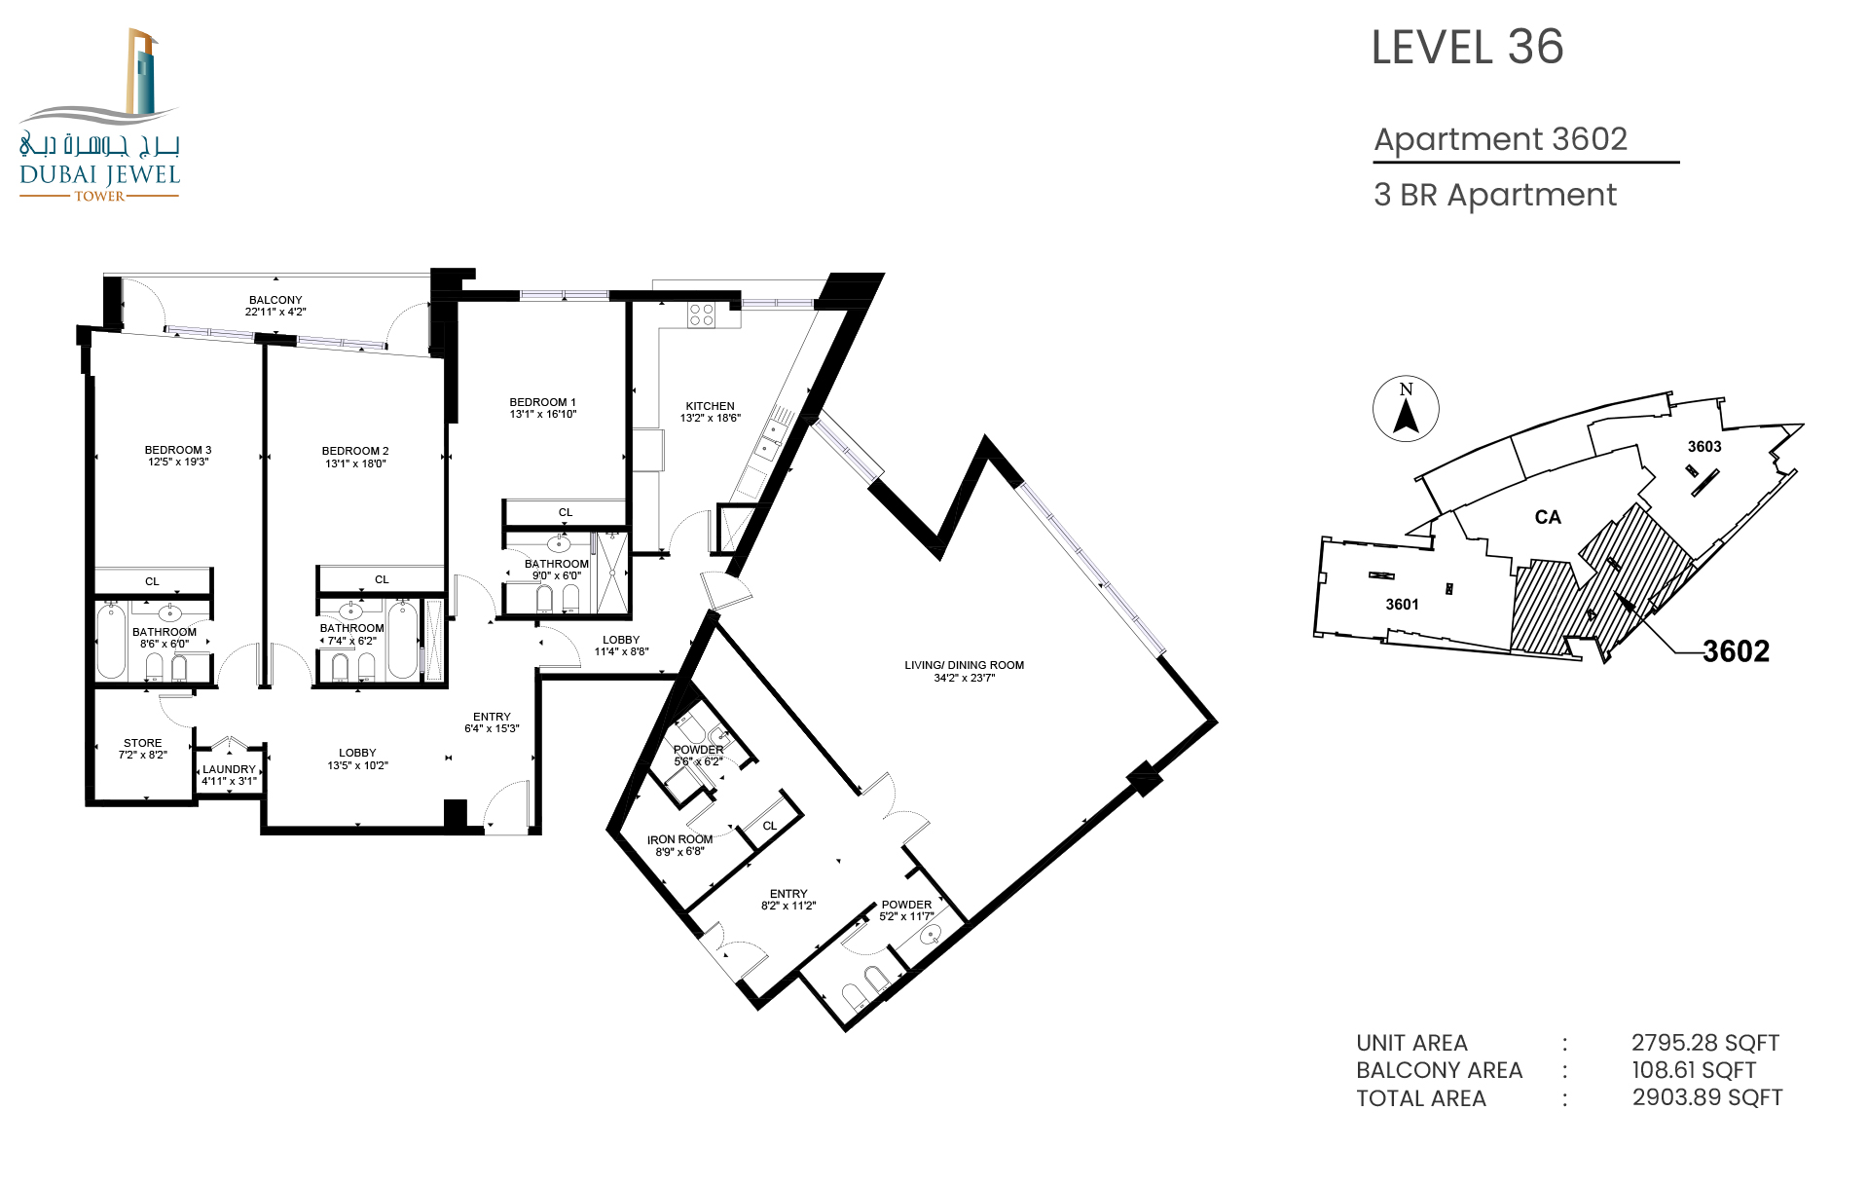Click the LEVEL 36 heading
coord(1467,48)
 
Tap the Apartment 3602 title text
coord(1500,139)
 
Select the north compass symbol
coord(1406,409)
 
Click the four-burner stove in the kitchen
coord(702,315)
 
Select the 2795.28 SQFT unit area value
coord(1705,1043)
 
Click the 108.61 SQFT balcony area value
coord(1694,1070)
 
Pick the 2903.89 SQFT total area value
coord(1707,1097)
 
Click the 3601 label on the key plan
coord(1402,605)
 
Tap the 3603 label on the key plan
coord(1704,447)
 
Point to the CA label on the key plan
coord(1548,517)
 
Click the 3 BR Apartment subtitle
coord(1495,195)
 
